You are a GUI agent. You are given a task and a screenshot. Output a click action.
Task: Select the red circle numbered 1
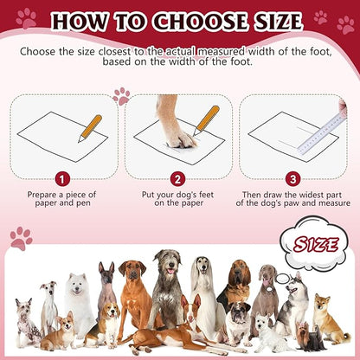tap(61, 179)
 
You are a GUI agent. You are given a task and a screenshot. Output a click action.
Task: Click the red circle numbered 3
tap(293, 179)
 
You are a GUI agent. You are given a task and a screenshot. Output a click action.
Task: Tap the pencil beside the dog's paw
tap(207, 120)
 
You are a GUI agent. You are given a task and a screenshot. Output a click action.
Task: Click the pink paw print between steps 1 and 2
tap(121, 95)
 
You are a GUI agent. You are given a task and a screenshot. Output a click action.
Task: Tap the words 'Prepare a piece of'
tap(61, 196)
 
